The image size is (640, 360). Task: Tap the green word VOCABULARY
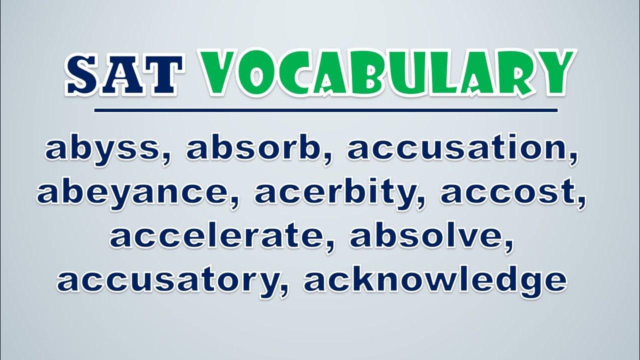(x=388, y=73)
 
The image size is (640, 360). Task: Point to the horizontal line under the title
(x=325, y=110)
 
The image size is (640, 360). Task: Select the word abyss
(x=105, y=149)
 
